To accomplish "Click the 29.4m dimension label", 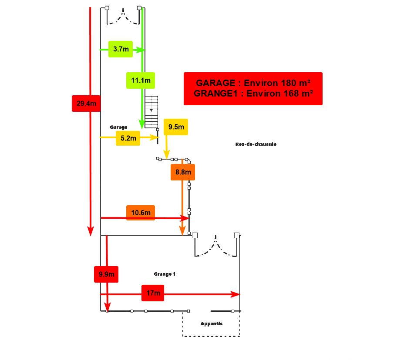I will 86,103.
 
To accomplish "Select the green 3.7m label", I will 120,49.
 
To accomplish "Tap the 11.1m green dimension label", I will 141,80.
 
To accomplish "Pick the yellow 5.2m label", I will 128,138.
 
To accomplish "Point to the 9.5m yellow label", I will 176,127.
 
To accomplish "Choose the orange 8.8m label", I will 183,172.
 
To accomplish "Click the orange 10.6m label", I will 141,213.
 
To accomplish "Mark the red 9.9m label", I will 106,274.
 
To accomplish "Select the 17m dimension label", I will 153,293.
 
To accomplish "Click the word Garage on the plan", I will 118,127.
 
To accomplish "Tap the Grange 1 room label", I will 165,274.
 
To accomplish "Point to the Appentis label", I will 212,323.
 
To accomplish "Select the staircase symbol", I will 152,112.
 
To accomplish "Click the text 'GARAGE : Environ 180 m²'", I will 253,83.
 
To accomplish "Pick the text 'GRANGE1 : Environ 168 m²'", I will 253,93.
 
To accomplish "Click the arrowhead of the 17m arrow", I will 236,294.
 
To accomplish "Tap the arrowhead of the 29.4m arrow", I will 91,231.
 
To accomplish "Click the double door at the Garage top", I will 123,16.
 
